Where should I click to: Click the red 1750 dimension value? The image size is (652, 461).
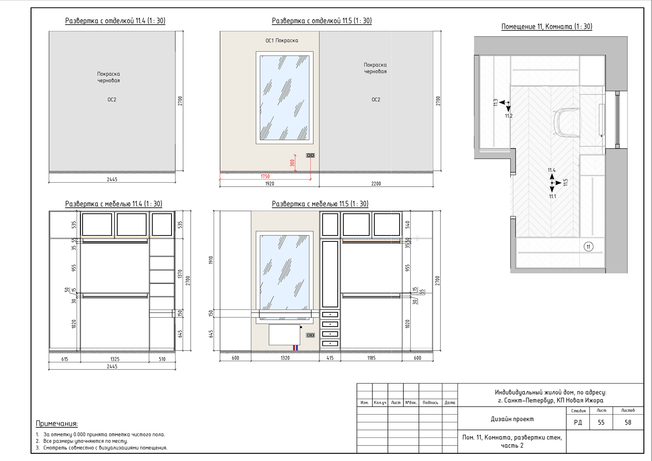click(x=265, y=176)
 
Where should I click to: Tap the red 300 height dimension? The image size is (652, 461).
click(x=292, y=163)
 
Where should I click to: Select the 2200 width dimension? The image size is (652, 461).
click(x=376, y=184)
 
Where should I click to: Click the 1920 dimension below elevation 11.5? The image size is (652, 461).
click(x=269, y=184)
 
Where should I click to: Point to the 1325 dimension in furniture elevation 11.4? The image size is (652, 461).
click(x=115, y=359)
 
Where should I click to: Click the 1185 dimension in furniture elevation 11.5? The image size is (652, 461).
click(x=371, y=358)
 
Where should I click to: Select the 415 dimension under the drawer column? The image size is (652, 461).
click(x=330, y=358)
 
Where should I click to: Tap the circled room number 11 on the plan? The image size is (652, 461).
click(x=588, y=247)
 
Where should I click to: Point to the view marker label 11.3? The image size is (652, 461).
click(x=496, y=103)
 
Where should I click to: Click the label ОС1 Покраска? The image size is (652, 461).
click(x=282, y=40)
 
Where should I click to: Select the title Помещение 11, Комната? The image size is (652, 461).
click(x=547, y=27)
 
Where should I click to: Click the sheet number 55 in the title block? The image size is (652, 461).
click(x=601, y=422)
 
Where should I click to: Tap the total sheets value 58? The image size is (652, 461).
click(x=628, y=422)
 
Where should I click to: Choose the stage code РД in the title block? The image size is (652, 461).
click(x=578, y=422)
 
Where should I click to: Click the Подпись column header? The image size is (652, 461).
click(x=430, y=402)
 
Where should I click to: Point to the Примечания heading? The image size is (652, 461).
click(x=57, y=424)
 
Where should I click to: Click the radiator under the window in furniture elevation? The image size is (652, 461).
click(x=284, y=335)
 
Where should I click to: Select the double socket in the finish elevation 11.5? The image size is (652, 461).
click(x=310, y=155)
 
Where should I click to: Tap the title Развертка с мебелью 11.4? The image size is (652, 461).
click(x=114, y=204)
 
